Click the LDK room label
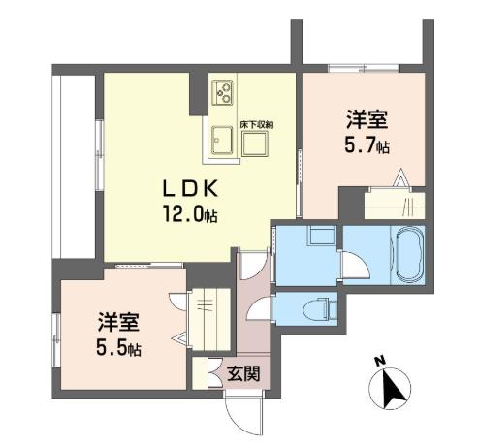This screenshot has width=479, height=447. click(x=190, y=189)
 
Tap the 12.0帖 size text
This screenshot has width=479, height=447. click(x=190, y=214)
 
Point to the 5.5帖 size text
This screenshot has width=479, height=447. click(x=118, y=348)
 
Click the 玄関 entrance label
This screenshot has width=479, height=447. click(x=243, y=373)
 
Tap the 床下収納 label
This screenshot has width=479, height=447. click(x=257, y=125)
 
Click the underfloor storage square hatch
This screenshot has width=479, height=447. click(x=255, y=144)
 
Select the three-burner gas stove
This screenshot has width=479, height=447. click(x=222, y=93)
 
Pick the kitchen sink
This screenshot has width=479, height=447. click(x=222, y=140)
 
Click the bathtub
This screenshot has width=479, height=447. click(x=410, y=255)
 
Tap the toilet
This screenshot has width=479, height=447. click(x=319, y=308)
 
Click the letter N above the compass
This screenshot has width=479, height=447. click(x=379, y=361)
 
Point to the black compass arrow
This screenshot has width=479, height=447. click(x=393, y=389)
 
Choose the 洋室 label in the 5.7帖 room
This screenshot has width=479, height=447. click(x=367, y=120)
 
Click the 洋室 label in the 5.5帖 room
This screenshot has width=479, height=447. click(x=118, y=323)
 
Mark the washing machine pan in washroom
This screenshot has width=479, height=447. click(x=322, y=235)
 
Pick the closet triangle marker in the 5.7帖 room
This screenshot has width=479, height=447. click(x=401, y=177)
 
